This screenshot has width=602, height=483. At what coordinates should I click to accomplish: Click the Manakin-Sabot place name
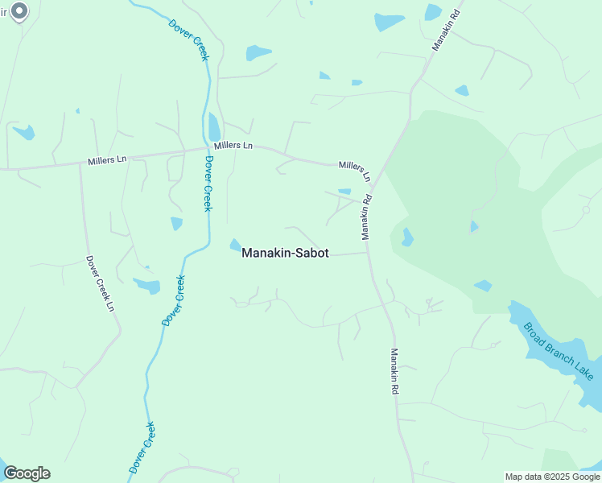pyautogui.click(x=285, y=252)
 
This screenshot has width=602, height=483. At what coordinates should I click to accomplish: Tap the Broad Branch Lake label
pyautogui.click(x=559, y=351)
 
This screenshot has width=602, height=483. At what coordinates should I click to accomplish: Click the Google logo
pyautogui.click(x=27, y=473)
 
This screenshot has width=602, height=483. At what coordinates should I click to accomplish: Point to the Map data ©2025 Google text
pyautogui.click(x=553, y=477)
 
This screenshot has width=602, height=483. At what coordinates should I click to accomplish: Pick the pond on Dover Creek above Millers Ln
pyautogui.click(x=214, y=126)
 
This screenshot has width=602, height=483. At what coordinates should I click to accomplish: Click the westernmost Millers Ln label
pyautogui.click(x=107, y=159)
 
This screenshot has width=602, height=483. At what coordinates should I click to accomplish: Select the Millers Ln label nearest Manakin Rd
pyautogui.click(x=355, y=170)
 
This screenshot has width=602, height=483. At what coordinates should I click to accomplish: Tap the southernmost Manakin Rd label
pyautogui.click(x=395, y=370)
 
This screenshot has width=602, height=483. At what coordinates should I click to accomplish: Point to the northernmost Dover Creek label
pyautogui.click(x=189, y=38)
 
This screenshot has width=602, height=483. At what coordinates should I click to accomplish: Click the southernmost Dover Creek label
pyautogui.click(x=142, y=447)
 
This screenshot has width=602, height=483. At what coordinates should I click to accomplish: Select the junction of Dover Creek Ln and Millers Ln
pyautogui.click(x=80, y=165)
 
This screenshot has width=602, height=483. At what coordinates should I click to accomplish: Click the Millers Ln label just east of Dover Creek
pyautogui.click(x=233, y=146)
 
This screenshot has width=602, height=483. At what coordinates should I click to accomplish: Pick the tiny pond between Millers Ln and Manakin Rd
pyautogui.click(x=344, y=192)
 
